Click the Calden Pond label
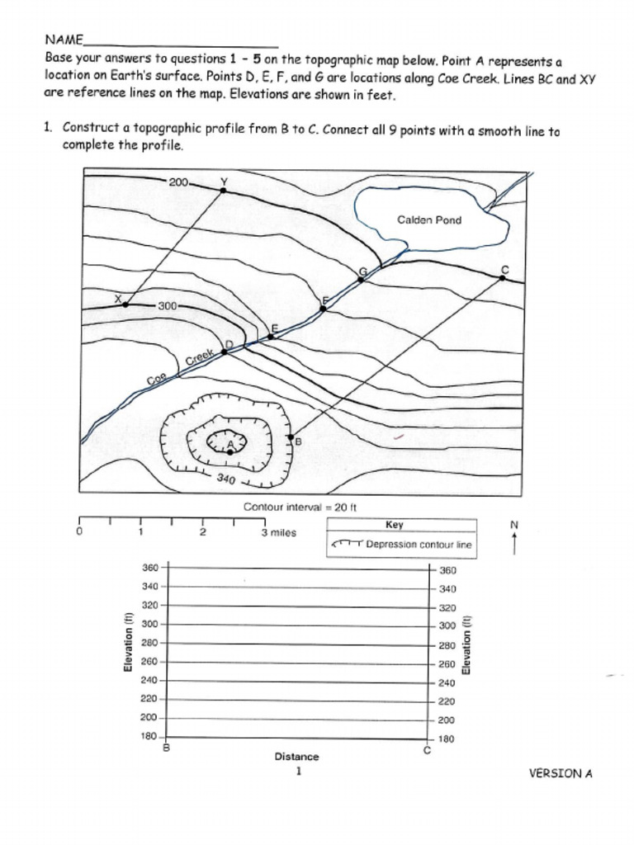pyautogui.click(x=429, y=220)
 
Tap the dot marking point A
pyautogui.click(x=229, y=452)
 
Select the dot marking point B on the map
pyautogui.click(x=290, y=437)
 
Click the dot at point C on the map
pyautogui.click(x=502, y=278)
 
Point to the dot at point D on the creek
pyautogui.click(x=224, y=352)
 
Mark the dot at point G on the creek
pyautogui.click(x=361, y=280)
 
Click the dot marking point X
pyautogui.click(x=125, y=304)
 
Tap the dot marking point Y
pyautogui.click(x=223, y=190)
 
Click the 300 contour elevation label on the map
pyautogui.click(x=168, y=305)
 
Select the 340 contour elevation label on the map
pyautogui.click(x=226, y=479)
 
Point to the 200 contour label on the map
pyautogui.click(x=179, y=182)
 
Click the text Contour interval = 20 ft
pyautogui.click(x=300, y=507)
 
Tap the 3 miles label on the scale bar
pyautogui.click(x=278, y=532)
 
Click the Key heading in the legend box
pyautogui.click(x=394, y=525)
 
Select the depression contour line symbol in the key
pyautogui.click(x=346, y=545)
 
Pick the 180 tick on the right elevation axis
pyautogui.click(x=428, y=739)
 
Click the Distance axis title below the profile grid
pyautogui.click(x=296, y=756)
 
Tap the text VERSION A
pyautogui.click(x=561, y=773)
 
